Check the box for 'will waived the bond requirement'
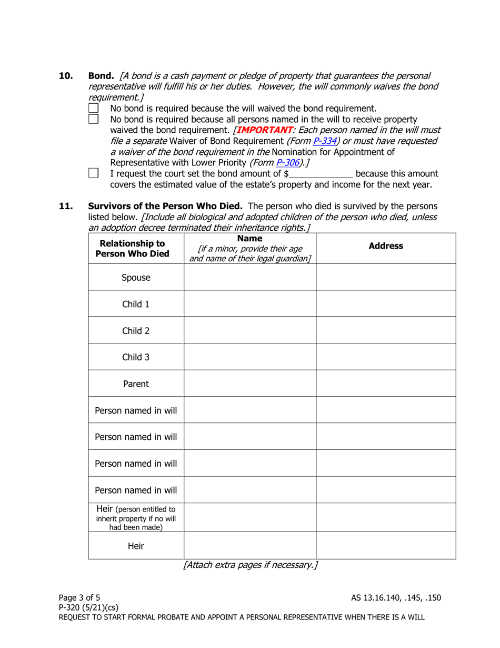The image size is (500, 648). (94, 108)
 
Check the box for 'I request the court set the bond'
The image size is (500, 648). (94, 172)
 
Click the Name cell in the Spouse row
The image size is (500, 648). (249, 277)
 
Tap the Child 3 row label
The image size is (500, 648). (136, 357)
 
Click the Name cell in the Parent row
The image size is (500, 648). (249, 384)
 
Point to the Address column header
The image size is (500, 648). (385, 246)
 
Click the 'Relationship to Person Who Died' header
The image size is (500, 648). (136, 248)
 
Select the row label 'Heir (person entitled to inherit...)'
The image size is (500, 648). (136, 517)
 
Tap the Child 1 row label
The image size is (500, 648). (136, 304)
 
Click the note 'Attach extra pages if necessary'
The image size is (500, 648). (250, 566)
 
